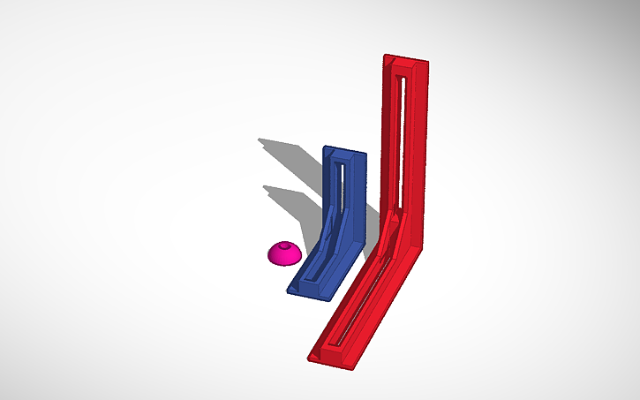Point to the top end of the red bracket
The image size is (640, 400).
405,61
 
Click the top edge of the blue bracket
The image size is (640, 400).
344,151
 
